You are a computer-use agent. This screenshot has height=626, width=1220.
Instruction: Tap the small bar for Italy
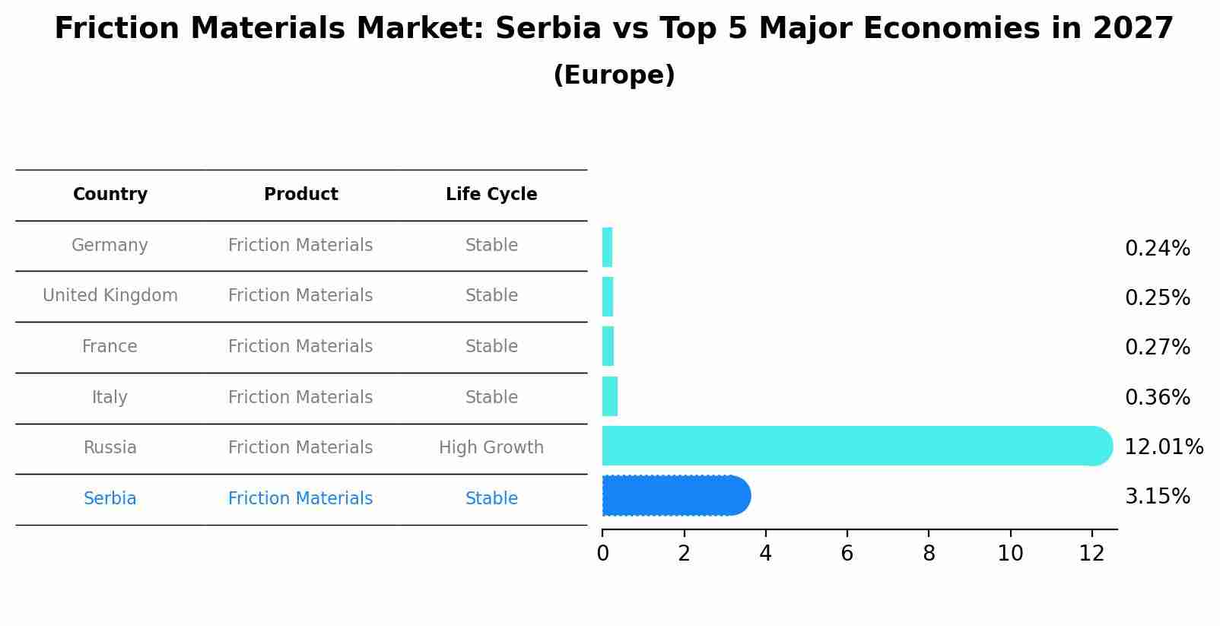tap(609, 396)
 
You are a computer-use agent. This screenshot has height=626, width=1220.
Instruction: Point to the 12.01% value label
tap(1163, 447)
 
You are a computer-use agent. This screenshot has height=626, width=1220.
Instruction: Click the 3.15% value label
tap(1157, 497)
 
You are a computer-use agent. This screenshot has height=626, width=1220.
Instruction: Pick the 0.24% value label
tap(1157, 249)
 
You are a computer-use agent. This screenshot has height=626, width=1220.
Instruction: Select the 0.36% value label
tap(1157, 397)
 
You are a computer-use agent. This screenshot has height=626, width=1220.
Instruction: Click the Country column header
tap(110, 195)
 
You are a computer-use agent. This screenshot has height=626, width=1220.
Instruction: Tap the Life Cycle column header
tap(491, 195)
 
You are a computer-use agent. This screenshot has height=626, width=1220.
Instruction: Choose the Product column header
tap(301, 195)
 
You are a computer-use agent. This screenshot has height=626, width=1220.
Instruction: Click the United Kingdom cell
tap(110, 296)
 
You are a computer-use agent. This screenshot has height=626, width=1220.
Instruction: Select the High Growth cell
tap(491, 448)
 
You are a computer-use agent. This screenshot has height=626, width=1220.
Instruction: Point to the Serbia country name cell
tap(110, 499)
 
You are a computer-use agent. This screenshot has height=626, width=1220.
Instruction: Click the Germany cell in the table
tap(110, 246)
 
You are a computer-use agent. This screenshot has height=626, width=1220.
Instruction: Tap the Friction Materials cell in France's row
tap(300, 347)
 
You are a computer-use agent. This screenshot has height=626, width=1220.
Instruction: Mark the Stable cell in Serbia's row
tap(491, 499)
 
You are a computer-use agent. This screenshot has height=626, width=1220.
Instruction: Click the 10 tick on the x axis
tap(1010, 554)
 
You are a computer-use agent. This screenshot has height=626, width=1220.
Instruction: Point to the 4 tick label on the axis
tap(765, 554)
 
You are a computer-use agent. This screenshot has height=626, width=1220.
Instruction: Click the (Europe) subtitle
tap(614, 75)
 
